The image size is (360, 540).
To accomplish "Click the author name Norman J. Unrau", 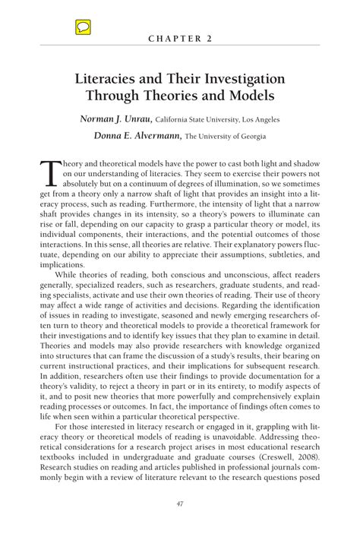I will click(116, 119).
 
